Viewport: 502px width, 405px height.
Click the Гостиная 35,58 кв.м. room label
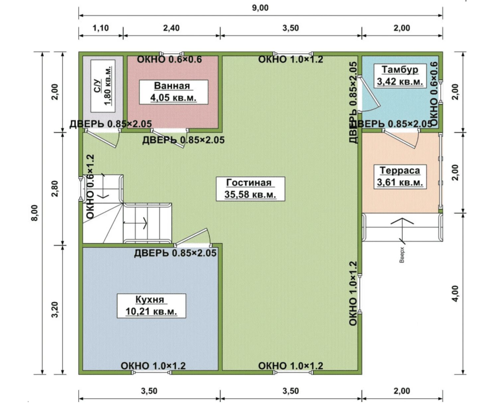tap(250, 189)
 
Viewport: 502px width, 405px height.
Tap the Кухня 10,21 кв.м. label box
tap(151, 306)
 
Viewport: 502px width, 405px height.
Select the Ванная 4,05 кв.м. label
tap(173, 92)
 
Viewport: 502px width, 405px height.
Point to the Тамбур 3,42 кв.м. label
tap(400, 76)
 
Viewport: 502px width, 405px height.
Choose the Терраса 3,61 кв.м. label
tap(400, 177)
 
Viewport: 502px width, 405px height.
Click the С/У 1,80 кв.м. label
tap(103, 86)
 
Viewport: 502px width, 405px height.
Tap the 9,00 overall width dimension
tap(260, 8)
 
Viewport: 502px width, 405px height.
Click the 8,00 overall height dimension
tap(35, 213)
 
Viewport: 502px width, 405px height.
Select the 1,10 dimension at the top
tap(101, 28)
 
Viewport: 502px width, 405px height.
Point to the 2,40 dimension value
tap(171, 28)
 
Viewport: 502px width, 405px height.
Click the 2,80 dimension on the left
tap(55, 189)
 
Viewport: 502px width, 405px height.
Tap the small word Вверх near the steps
tap(402, 255)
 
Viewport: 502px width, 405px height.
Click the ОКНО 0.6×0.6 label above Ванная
tap(169, 60)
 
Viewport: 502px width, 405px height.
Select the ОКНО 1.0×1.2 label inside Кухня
tap(153, 366)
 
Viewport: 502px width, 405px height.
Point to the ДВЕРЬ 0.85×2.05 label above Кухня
tap(175, 253)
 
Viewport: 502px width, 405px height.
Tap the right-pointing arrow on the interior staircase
tap(135, 222)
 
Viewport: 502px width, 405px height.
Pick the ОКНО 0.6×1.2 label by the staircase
tap(91, 187)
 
